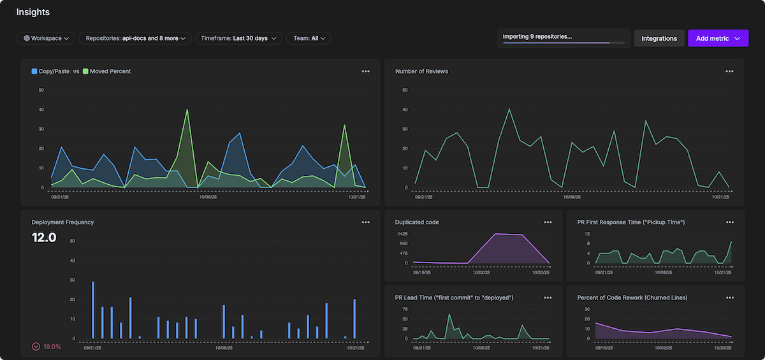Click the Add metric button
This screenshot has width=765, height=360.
pyautogui.click(x=718, y=38)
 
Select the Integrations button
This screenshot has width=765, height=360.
pyautogui.click(x=659, y=38)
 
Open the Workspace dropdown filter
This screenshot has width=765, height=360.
pyautogui.click(x=46, y=38)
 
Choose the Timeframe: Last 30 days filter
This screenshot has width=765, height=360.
pyautogui.click(x=238, y=38)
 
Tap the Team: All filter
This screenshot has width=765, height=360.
pyautogui.click(x=309, y=38)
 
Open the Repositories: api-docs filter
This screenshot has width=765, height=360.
pyautogui.click(x=135, y=38)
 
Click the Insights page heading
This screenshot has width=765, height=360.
pyautogui.click(x=33, y=12)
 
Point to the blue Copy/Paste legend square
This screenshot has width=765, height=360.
pyautogui.click(x=34, y=71)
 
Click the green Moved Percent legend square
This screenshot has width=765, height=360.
pyautogui.click(x=85, y=71)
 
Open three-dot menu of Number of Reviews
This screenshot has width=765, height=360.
pyautogui.click(x=729, y=71)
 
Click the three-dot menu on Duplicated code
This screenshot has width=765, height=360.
pyautogui.click(x=548, y=222)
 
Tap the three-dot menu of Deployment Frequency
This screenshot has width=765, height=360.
pyautogui.click(x=365, y=222)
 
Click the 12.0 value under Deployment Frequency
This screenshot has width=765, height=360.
pyautogui.click(x=44, y=238)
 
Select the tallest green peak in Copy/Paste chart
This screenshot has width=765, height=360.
pyautogui.click(x=187, y=110)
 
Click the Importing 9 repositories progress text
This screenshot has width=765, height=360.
pyautogui.click(x=537, y=36)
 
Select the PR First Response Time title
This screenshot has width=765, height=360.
pyautogui.click(x=630, y=222)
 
